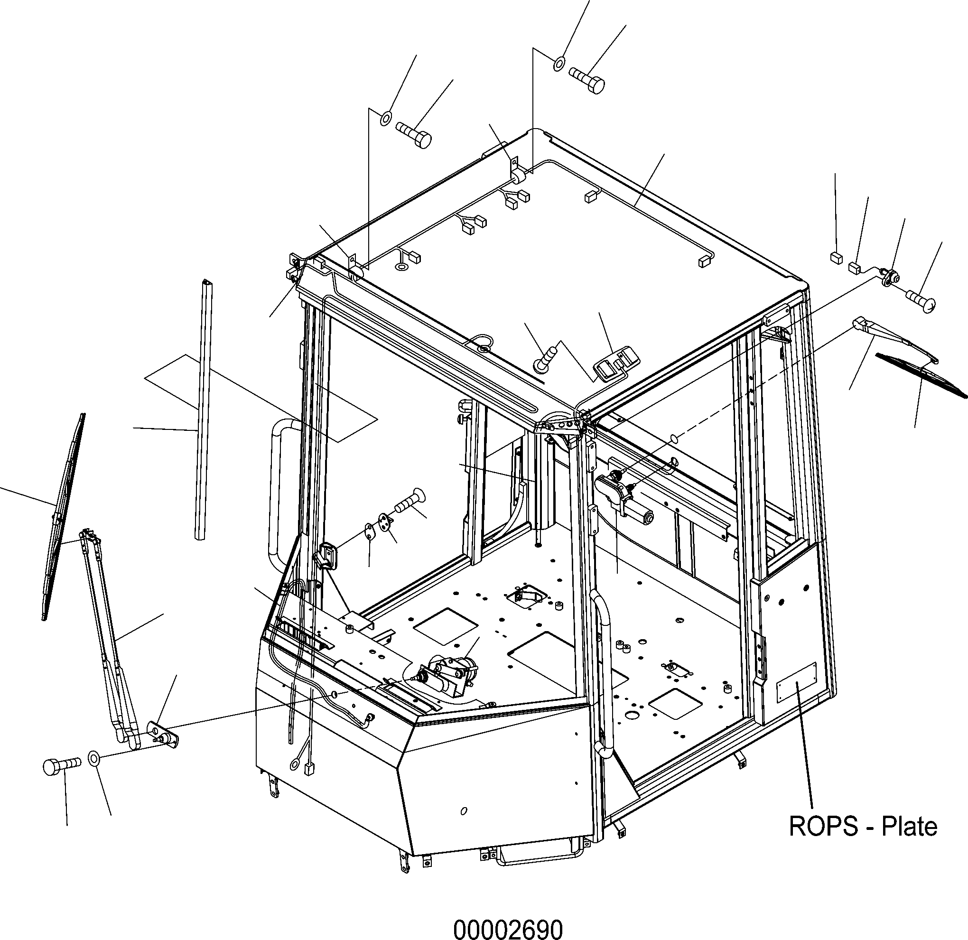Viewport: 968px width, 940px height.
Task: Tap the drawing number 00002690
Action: coord(508,929)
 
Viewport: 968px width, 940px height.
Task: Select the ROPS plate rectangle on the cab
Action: coord(797,683)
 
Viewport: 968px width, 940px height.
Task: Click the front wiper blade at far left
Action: coord(63,517)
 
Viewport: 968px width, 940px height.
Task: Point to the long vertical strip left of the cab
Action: coord(204,410)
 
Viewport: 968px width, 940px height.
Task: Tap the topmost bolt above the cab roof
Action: coord(586,79)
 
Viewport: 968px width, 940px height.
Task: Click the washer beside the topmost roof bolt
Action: coord(559,64)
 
